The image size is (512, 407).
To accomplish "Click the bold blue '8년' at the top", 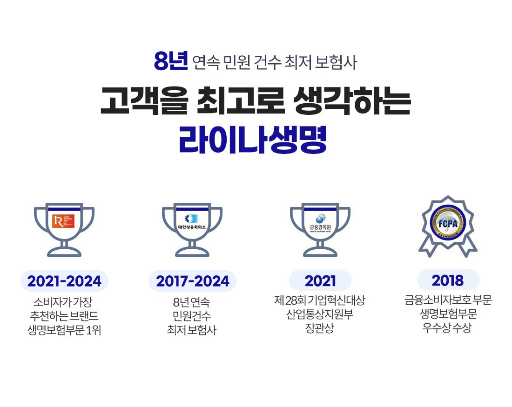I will [170, 62].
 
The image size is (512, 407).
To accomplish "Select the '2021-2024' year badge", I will [64, 281].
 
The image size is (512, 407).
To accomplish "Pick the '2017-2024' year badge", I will [193, 281].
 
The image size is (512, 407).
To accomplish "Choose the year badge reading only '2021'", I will [320, 281].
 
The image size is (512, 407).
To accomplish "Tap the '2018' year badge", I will [448, 280].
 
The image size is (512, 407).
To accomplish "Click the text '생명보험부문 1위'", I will [64, 331].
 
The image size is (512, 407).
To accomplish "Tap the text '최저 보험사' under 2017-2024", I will [192, 331].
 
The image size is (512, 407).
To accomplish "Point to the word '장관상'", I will [320, 328].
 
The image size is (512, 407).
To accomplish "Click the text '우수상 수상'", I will [447, 328].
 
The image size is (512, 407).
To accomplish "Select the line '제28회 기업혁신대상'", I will [320, 300].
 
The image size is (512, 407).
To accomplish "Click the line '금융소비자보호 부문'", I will [448, 300].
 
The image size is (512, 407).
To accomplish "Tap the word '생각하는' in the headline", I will [353, 103].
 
